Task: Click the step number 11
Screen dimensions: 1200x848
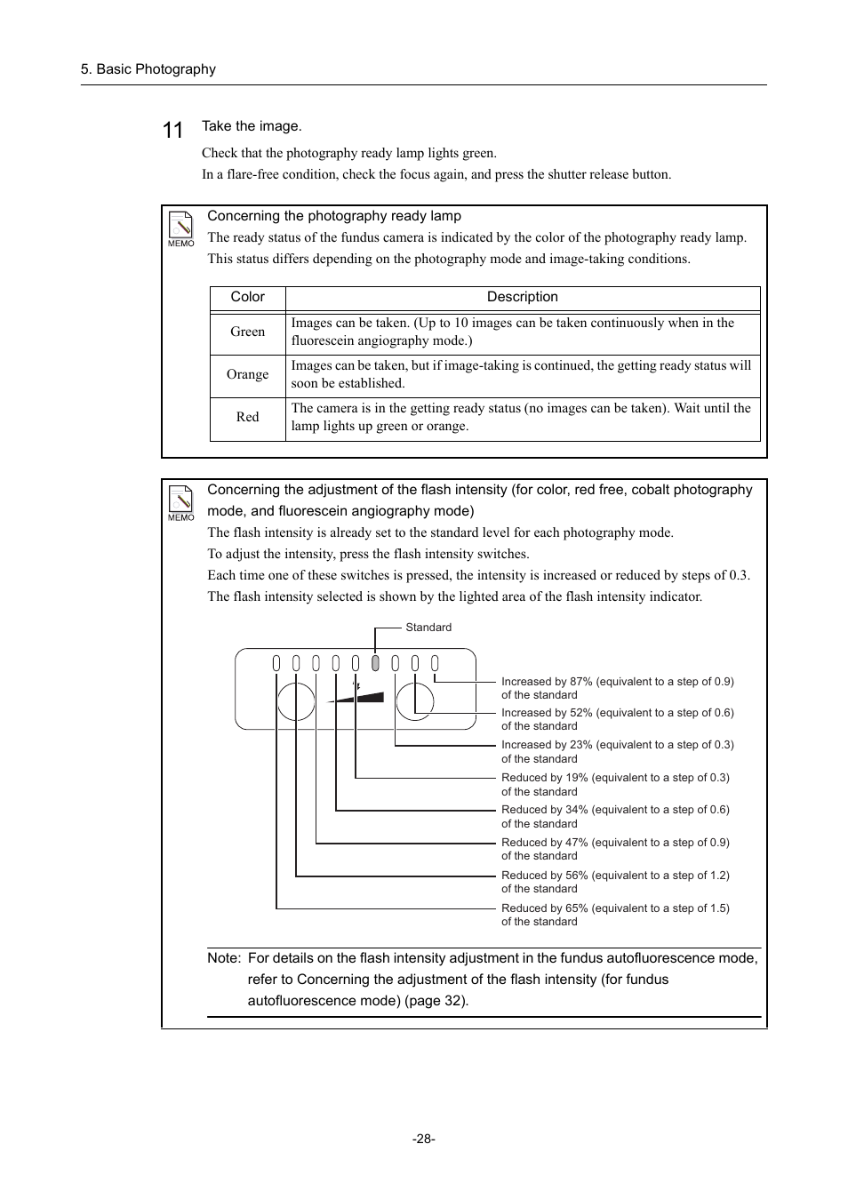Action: tap(172, 131)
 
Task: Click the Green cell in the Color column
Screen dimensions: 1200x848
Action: tap(247, 332)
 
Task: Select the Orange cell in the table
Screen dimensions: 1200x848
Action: tap(247, 374)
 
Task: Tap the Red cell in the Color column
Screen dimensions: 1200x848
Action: tap(247, 417)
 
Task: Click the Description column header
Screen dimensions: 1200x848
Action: tap(522, 297)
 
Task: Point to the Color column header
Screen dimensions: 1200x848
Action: tap(247, 297)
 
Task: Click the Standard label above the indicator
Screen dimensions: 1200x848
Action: tap(428, 628)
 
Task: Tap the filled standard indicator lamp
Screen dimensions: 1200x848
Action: tap(375, 663)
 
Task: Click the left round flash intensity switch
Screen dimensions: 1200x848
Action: tap(296, 701)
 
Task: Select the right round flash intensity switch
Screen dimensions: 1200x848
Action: tap(415, 701)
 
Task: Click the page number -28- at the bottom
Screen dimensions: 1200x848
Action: tap(424, 1139)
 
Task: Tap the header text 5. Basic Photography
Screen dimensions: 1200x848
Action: tap(148, 69)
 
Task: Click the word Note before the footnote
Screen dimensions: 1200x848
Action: tap(223, 958)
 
